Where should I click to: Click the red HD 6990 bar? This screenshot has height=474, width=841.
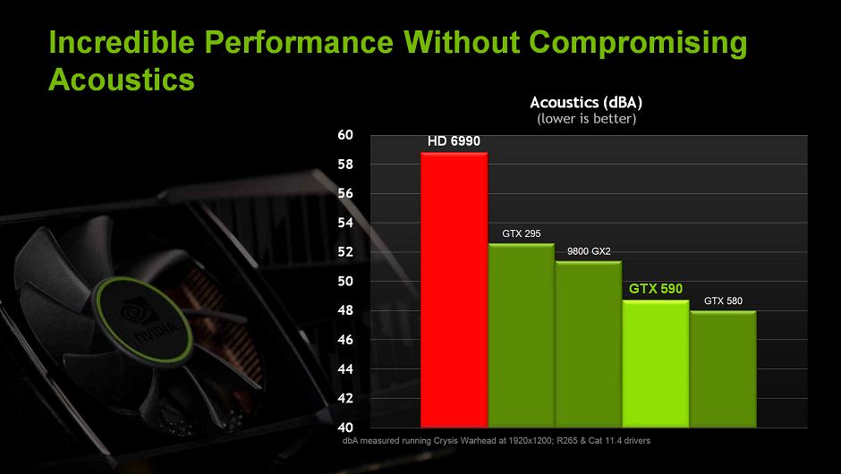pos(454,290)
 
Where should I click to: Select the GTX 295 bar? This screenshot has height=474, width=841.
pos(522,335)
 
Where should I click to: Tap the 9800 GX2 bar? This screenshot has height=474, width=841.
pos(589,343)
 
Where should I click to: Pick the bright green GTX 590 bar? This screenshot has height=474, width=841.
pos(656,363)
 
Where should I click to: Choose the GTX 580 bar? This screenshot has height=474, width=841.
pos(723,368)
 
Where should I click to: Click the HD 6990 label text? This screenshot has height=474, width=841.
pos(454,141)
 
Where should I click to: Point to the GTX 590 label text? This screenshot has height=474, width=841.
pos(656,289)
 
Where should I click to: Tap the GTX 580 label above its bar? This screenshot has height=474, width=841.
pos(723,300)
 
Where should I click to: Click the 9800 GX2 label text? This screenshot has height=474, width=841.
pos(589,251)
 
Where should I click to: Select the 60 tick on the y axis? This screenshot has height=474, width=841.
pos(345,135)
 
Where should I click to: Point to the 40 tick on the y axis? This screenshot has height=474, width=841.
pos(345,427)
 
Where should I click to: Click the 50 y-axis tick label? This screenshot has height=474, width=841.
pos(345,281)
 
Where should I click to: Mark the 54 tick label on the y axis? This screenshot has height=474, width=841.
pos(345,223)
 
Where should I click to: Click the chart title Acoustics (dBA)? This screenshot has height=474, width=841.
pos(586,103)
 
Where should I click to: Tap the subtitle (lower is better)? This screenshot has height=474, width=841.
pos(586,118)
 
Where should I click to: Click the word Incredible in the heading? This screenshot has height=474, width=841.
pos(122,42)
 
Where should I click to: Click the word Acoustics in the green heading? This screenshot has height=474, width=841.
pos(122,80)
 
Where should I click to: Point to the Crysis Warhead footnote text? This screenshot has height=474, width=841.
pos(497,441)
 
